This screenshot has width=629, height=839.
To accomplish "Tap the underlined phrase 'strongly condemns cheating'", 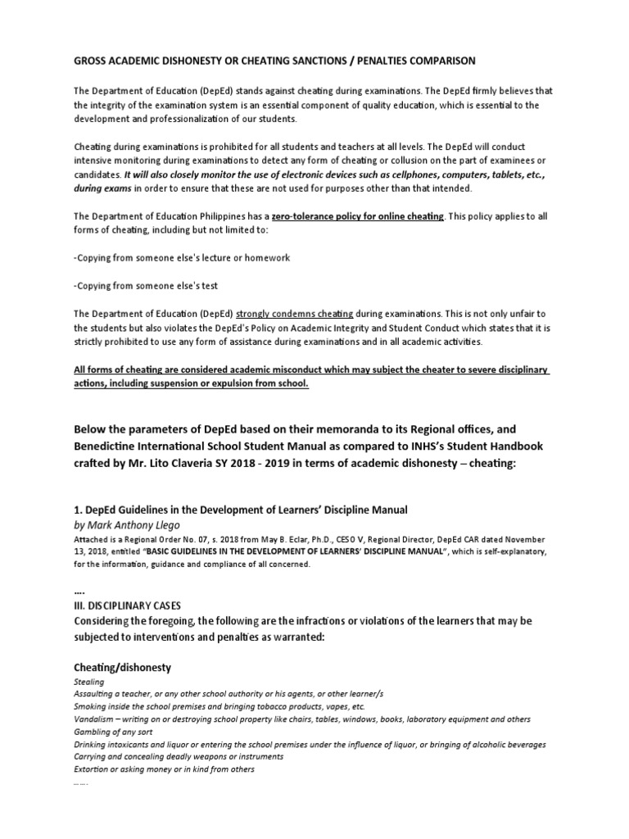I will coord(295,314).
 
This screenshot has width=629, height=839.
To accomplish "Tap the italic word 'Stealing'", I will coord(88,682).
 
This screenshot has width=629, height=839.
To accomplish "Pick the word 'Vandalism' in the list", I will coord(95,719).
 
